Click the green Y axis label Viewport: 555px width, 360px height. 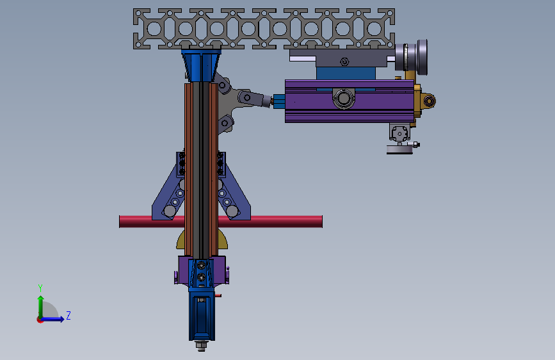click(40, 288)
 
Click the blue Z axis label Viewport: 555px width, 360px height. click(68, 315)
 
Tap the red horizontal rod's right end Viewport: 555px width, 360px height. click(322, 222)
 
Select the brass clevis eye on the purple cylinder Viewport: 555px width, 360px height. click(429, 101)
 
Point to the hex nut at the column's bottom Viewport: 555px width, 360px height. click(201, 345)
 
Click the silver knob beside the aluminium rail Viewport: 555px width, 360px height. click(412, 57)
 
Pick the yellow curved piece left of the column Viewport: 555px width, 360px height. click(181, 240)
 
